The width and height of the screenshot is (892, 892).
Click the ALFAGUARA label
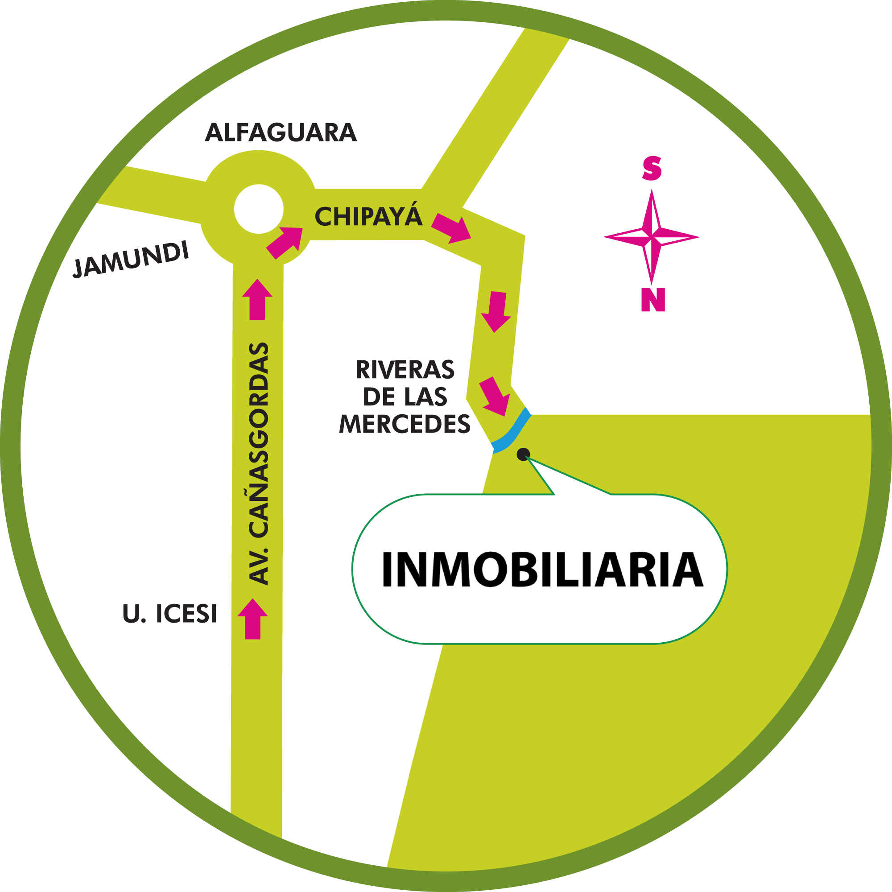pyautogui.click(x=281, y=133)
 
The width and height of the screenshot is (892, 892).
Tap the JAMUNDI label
pyautogui.click(x=131, y=260)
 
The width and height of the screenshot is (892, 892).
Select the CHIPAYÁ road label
pyautogui.click(x=368, y=217)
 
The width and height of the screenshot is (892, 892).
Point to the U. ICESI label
pyautogui.click(x=169, y=614)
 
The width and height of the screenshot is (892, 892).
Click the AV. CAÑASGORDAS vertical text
pyautogui.click(x=259, y=464)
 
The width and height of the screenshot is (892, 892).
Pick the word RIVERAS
pyautogui.click(x=405, y=370)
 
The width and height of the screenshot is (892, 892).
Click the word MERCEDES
pyautogui.click(x=405, y=424)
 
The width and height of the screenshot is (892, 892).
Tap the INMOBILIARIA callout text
pyautogui.click(x=542, y=570)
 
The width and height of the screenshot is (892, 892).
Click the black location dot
pyautogui.click(x=523, y=455)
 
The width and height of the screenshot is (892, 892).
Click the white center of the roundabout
pyautogui.click(x=259, y=209)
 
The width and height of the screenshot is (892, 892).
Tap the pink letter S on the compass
pyautogui.click(x=652, y=168)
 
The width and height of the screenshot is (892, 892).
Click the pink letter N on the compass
pyautogui.click(x=653, y=301)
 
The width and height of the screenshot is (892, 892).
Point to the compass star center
pyautogui.click(x=652, y=237)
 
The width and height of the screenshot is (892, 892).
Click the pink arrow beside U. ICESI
pyautogui.click(x=252, y=619)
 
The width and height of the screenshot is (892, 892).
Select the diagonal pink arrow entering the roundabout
pyautogui.click(x=285, y=242)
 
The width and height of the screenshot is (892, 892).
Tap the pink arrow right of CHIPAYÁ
pyautogui.click(x=451, y=228)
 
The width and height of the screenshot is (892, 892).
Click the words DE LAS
pyautogui.click(x=405, y=397)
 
